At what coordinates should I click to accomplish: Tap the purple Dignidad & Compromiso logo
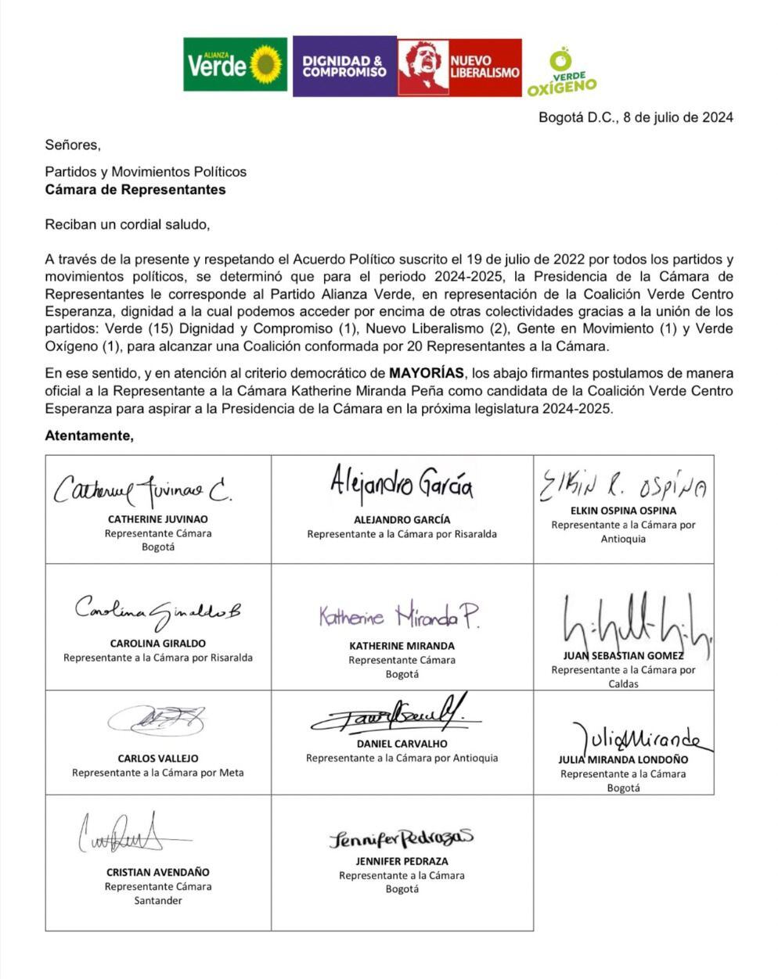(344, 67)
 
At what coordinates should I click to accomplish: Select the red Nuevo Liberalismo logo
(459, 67)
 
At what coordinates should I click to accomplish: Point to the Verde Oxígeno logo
(561, 72)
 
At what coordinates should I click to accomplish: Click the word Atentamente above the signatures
(88, 436)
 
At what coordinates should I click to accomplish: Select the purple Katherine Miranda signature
(399, 618)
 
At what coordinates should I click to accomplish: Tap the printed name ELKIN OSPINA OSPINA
(624, 511)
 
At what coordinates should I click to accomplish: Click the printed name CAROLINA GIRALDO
(157, 644)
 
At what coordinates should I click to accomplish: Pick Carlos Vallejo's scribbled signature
(157, 719)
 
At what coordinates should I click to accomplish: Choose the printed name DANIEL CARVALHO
(402, 744)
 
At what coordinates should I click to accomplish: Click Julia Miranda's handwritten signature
(635, 737)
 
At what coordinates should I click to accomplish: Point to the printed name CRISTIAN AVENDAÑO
(157, 872)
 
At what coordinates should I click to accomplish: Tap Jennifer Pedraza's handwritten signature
(401, 839)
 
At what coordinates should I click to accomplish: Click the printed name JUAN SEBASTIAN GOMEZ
(623, 655)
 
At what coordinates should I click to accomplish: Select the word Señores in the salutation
(72, 145)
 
